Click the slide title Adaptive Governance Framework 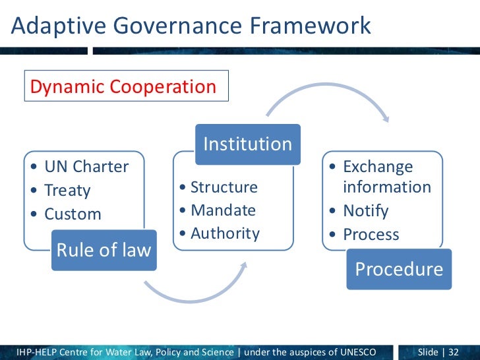point(191,26)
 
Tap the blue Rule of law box point(104,250)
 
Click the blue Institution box point(247,144)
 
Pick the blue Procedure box point(399,268)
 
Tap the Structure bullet point(224,187)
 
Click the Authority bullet point(225,233)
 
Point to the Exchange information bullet point(386,177)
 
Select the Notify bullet point(365,211)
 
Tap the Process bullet point(371,235)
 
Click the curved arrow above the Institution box point(326,101)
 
